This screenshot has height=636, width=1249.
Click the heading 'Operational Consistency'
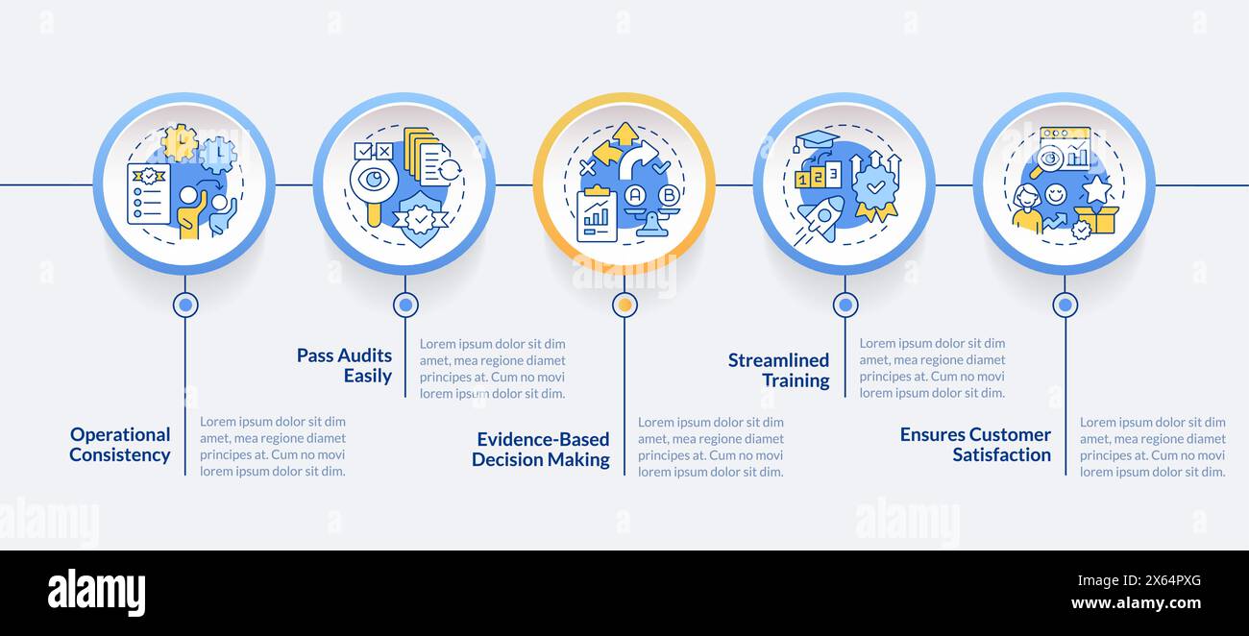click(x=120, y=445)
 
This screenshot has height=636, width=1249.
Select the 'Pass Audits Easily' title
click(x=344, y=366)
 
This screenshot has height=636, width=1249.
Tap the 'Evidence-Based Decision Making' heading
click(x=541, y=450)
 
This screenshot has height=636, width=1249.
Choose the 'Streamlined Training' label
click(x=778, y=371)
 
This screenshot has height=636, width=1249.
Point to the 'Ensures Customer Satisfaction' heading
click(x=975, y=445)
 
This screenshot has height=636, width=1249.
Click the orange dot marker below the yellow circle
click(x=624, y=305)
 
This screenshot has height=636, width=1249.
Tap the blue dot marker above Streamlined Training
click(x=845, y=305)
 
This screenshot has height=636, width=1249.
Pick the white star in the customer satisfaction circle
click(x=1096, y=188)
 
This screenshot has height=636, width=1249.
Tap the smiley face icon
click(x=1055, y=195)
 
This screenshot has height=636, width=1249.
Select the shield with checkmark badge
click(x=419, y=218)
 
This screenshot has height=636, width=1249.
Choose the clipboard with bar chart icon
click(x=597, y=214)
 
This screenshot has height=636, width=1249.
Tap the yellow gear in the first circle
click(x=179, y=142)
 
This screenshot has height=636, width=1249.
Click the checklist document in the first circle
click(x=148, y=193)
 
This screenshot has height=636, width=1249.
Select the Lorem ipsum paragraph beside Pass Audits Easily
click(x=492, y=368)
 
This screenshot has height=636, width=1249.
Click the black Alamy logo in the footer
click(x=96, y=592)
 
